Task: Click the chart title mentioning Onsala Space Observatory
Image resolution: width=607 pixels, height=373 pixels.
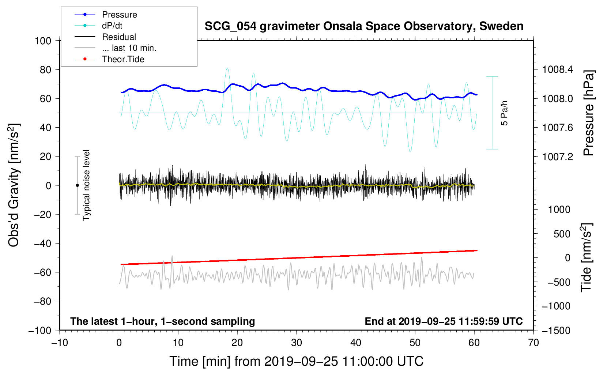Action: (364, 26)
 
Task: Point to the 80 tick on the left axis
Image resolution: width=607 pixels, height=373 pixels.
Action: (45, 70)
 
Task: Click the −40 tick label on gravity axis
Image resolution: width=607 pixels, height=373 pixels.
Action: (42, 244)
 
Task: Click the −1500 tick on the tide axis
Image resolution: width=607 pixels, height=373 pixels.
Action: (556, 331)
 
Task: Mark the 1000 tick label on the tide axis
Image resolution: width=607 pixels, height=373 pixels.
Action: (559, 210)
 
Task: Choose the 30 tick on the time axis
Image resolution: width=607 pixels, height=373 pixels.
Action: (297, 343)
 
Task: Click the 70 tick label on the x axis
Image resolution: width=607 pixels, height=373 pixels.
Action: (533, 343)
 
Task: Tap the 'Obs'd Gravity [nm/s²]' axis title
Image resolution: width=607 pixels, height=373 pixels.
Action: (14, 185)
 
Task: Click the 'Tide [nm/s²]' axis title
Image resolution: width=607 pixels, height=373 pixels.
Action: (587, 257)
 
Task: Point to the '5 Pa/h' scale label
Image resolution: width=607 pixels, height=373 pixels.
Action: (504, 113)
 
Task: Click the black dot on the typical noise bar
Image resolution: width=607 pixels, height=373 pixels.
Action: (77, 185)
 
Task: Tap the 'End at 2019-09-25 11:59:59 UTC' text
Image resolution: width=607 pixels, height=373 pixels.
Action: (444, 321)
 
